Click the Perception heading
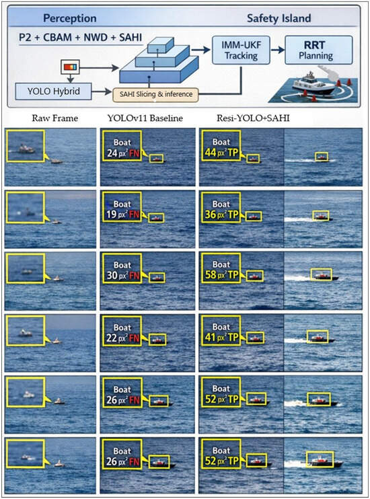click(x=70, y=18)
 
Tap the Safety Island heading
click(x=279, y=18)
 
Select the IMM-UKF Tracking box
click(x=241, y=50)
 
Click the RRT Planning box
click(x=318, y=50)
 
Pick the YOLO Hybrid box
click(x=54, y=91)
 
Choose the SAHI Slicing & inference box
click(x=155, y=95)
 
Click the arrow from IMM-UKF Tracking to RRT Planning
click(x=277, y=50)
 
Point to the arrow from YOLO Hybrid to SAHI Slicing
click(x=102, y=92)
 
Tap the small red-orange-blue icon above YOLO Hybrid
click(x=71, y=67)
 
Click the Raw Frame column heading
click(x=54, y=118)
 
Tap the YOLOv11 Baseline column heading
click(x=145, y=118)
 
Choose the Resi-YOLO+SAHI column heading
click(x=253, y=118)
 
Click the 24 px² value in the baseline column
click(x=117, y=153)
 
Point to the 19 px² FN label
click(x=123, y=215)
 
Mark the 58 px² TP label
click(x=221, y=274)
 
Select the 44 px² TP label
click(x=221, y=153)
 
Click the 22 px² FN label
click(x=123, y=338)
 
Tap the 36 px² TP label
click(x=221, y=215)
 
